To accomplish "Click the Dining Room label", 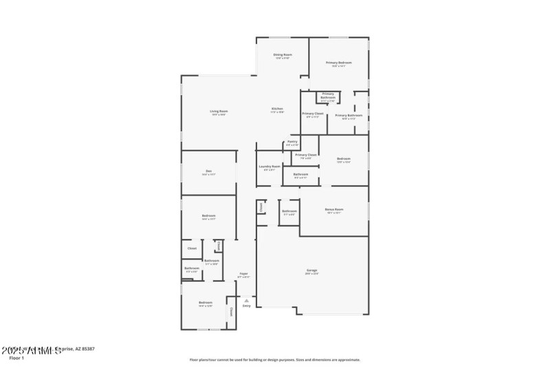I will (x=283, y=54).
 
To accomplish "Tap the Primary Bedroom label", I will (x=339, y=63).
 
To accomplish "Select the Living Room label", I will (x=219, y=111).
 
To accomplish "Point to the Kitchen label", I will (x=277, y=109).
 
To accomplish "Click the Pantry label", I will (x=292, y=142).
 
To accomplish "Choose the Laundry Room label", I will (x=269, y=166).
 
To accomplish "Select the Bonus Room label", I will (x=334, y=209).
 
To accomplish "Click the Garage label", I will (x=312, y=271).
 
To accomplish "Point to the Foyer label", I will (x=243, y=273).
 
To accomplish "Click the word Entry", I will (x=246, y=306).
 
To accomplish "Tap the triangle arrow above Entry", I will (x=246, y=300).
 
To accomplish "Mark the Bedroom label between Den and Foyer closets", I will (x=209, y=216).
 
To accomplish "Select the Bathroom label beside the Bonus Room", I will (x=289, y=211).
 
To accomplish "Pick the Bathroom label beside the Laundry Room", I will (x=300, y=174).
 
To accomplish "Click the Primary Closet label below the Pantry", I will (x=306, y=155).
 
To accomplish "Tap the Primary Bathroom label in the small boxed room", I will (x=328, y=96).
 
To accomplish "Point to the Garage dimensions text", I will (x=312, y=274).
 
